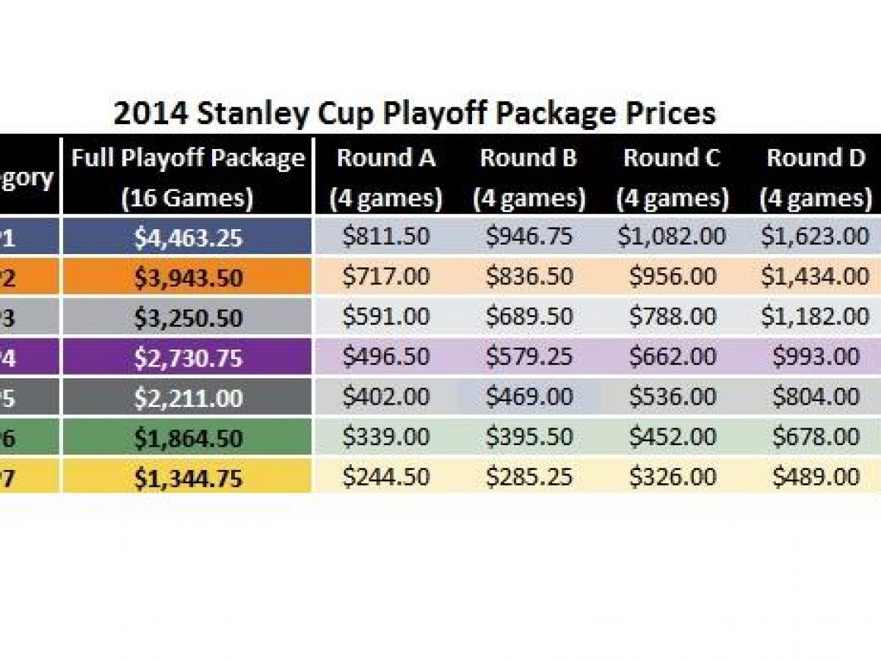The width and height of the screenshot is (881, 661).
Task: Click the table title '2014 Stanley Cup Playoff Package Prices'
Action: pyautogui.click(x=414, y=114)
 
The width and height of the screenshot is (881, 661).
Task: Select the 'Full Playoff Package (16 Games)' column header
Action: pyautogui.click(x=188, y=178)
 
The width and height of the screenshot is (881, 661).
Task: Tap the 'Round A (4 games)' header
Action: pyautogui.click(x=385, y=178)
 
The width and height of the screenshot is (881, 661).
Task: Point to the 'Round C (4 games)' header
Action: pyautogui.click(x=672, y=178)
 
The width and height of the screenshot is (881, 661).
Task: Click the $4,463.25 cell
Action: pyautogui.click(x=188, y=237)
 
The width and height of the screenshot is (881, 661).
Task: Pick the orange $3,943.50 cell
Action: pyautogui.click(x=188, y=278)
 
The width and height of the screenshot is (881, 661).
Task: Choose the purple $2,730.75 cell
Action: pyautogui.click(x=188, y=358)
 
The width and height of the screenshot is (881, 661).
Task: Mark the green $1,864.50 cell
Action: pyautogui.click(x=188, y=438)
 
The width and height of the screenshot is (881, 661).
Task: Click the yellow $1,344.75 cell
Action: pyautogui.click(x=188, y=477)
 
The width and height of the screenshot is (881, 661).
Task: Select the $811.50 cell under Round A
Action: pyautogui.click(x=385, y=237)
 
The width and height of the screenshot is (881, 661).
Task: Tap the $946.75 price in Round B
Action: pyautogui.click(x=529, y=237)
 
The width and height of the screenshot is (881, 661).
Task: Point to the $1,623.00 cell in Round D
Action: pyautogui.click(x=815, y=237)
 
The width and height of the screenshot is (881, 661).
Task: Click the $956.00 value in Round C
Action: pyautogui.click(x=672, y=277)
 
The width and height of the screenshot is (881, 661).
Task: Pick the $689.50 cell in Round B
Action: pyautogui.click(x=529, y=317)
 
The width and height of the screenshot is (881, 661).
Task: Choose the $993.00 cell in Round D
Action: pyautogui.click(x=815, y=357)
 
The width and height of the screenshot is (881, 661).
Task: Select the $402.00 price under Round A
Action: pyautogui.click(x=385, y=397)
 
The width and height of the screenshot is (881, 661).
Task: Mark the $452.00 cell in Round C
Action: pyautogui.click(x=672, y=437)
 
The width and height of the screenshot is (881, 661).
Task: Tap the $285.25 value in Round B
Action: pyautogui.click(x=529, y=477)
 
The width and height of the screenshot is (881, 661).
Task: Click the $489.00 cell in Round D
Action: pyautogui.click(x=815, y=477)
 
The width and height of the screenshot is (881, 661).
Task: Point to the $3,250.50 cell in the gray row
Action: pyautogui.click(x=188, y=317)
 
